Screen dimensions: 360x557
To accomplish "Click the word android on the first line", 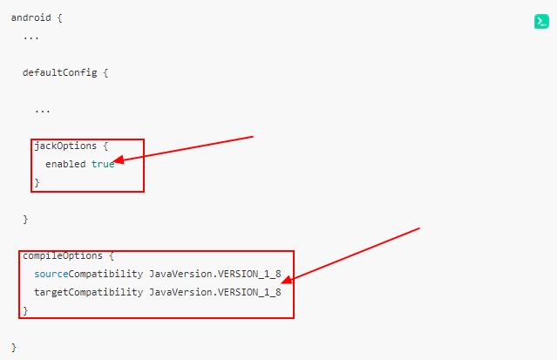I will point(30,17).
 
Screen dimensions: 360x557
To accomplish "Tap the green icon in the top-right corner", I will point(541,22).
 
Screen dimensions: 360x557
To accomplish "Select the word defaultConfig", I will point(59,72).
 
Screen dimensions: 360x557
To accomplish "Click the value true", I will point(103,164).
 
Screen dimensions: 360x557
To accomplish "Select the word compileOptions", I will point(63,255).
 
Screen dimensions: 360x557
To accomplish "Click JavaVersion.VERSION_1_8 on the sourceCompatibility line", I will point(215,274).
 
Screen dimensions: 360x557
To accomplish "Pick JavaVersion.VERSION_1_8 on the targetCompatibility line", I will point(215,292).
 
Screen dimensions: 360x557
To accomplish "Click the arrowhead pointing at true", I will point(119,161).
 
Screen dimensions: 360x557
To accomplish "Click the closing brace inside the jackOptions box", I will point(37,182).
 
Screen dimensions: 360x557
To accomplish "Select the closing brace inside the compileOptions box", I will point(25,310).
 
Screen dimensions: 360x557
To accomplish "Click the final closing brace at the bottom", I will point(14,347).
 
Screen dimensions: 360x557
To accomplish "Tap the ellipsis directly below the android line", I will point(31,37).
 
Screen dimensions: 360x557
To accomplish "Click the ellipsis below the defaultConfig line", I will point(43,110).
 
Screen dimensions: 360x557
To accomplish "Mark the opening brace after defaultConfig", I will point(105,72).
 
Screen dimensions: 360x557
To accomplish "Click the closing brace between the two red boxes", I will point(25,219).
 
